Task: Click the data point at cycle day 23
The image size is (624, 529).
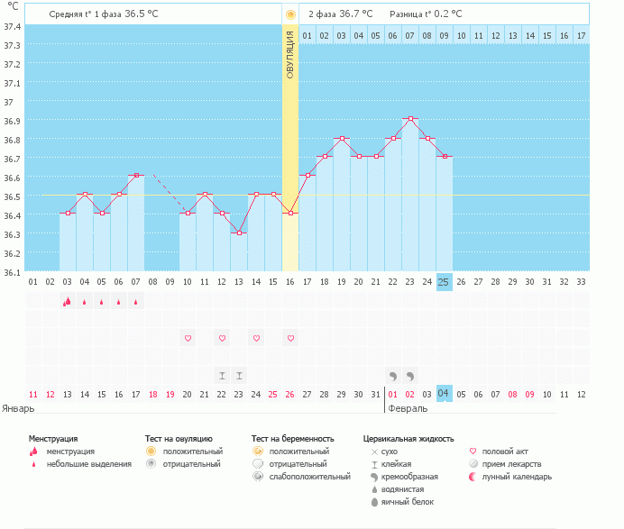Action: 410,119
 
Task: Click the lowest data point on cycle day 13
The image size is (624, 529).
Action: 239,233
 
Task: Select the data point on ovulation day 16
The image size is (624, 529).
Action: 290,214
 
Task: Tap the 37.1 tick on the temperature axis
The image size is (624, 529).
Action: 12,84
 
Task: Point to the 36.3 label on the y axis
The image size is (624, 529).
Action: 12,234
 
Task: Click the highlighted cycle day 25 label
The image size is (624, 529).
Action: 444,282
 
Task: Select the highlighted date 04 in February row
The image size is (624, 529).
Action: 444,393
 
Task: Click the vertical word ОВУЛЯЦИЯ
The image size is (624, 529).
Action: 290,55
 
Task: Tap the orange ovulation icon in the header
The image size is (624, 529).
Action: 290,14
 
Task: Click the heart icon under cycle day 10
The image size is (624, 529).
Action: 188,338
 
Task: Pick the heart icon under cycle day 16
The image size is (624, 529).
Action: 290,338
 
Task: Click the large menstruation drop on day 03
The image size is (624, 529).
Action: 67,302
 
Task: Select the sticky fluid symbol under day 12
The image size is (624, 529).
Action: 222,376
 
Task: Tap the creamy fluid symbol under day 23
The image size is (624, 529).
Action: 410,376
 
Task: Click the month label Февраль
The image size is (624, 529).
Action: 408,408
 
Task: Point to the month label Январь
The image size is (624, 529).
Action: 18,408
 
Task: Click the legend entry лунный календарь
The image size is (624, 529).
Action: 517,477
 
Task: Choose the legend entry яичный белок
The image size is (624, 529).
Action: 407,502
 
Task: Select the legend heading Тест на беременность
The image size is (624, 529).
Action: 292,439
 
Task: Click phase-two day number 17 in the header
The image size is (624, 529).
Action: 581,36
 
